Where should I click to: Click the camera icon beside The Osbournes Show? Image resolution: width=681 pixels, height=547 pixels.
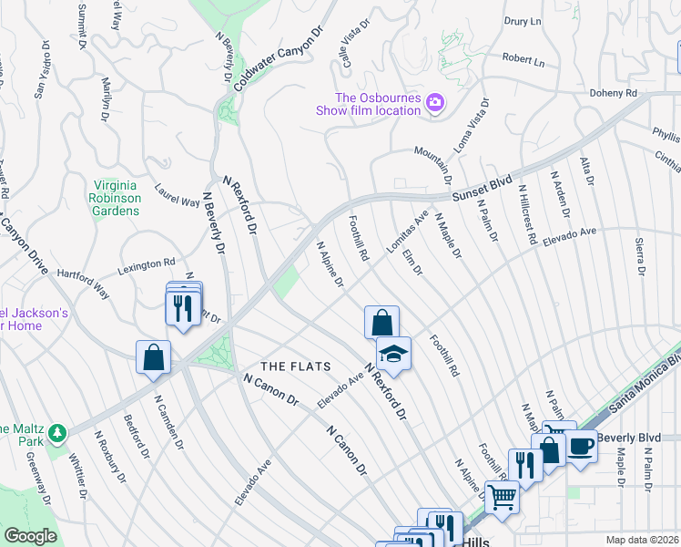[435, 103]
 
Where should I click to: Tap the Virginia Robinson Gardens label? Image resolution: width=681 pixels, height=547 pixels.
[116, 196]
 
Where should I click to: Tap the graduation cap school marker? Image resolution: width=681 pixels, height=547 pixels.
[393, 354]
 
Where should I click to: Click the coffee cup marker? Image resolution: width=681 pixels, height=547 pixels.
[580, 448]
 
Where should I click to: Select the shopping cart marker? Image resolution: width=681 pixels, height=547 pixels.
[502, 497]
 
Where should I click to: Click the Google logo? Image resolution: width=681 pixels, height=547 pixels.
[30, 536]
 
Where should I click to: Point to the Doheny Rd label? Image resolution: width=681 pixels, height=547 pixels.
[612, 93]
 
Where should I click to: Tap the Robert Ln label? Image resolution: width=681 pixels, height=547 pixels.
[523, 61]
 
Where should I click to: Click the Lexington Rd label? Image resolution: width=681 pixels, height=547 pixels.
[147, 267]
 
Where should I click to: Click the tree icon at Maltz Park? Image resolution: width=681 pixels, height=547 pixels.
[57, 430]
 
